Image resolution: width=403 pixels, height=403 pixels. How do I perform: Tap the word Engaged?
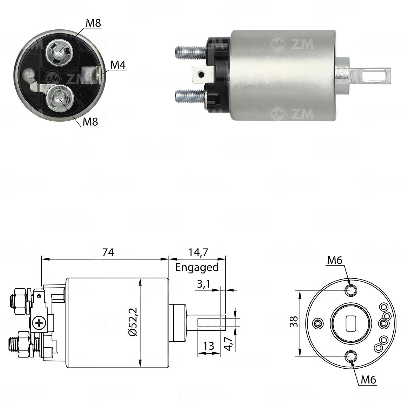(x=197, y=267)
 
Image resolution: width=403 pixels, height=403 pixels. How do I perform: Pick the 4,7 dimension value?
(x=228, y=343)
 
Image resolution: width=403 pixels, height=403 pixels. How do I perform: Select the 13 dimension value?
(x=209, y=346)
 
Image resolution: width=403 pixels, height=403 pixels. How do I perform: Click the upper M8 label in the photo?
(x=93, y=23)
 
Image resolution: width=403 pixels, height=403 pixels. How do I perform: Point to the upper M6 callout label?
(x=335, y=260)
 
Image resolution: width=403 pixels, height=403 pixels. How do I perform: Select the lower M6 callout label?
(x=368, y=380)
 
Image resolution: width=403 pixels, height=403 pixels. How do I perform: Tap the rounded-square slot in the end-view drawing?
(x=351, y=323)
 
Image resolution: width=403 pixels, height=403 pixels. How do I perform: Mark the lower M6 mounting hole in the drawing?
(x=351, y=356)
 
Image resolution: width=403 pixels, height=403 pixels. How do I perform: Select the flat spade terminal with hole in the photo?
(x=203, y=74)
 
